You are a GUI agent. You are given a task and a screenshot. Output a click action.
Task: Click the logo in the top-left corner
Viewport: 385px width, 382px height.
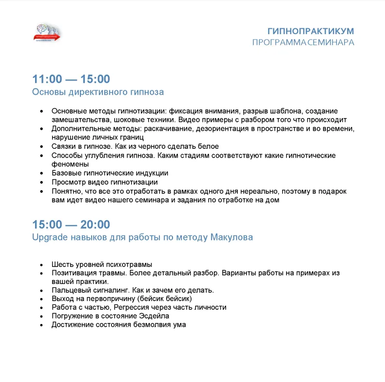[x=48, y=34]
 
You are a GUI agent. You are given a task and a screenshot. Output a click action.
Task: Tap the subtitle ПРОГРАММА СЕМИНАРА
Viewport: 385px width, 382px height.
[x=303, y=42]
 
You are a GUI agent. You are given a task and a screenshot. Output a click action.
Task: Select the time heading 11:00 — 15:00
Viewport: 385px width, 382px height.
[x=71, y=79]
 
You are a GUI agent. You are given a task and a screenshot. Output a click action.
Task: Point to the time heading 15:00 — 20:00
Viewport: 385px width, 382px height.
[x=71, y=224]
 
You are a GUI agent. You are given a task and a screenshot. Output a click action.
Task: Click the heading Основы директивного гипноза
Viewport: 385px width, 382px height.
[x=98, y=92]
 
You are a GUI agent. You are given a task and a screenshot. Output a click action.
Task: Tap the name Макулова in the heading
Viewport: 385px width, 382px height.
[x=231, y=238]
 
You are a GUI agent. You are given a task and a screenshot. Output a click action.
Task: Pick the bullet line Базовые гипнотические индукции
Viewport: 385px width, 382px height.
[x=110, y=173]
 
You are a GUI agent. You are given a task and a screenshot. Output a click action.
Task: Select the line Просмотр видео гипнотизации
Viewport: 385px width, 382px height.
[x=105, y=182]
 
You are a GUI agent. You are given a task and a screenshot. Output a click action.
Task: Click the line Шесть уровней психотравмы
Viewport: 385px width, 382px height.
[x=102, y=264]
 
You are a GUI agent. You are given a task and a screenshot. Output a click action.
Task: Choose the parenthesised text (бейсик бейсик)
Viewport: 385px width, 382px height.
[x=165, y=299]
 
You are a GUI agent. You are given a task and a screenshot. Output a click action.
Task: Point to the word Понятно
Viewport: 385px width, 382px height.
[x=66, y=191]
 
